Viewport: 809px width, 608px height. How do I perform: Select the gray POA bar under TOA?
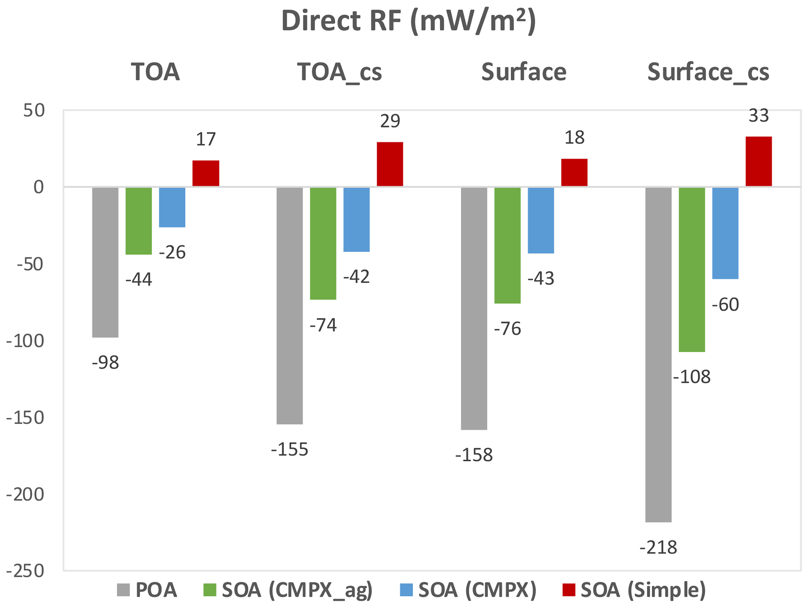click(105, 262)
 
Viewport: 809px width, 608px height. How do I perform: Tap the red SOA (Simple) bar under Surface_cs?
click(758, 161)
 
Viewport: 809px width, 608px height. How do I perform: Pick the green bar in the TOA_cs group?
click(323, 243)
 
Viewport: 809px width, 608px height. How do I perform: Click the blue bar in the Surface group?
click(541, 220)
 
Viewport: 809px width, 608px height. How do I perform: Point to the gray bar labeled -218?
click(658, 354)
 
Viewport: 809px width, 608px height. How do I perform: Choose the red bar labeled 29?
click(389, 164)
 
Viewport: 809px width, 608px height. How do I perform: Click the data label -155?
click(290, 450)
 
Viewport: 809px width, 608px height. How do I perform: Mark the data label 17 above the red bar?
click(205, 139)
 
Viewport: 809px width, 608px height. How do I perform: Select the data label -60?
click(725, 305)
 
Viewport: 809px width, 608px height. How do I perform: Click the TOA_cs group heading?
click(339, 72)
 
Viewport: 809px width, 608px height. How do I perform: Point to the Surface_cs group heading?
click(708, 72)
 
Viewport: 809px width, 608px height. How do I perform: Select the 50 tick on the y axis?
click(34, 111)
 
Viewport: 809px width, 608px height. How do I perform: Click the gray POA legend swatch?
click(123, 590)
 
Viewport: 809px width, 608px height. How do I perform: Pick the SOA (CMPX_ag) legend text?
click(297, 590)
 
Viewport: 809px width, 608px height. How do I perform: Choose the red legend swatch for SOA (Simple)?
click(568, 590)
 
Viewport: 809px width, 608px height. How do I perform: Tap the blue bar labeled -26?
click(172, 207)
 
